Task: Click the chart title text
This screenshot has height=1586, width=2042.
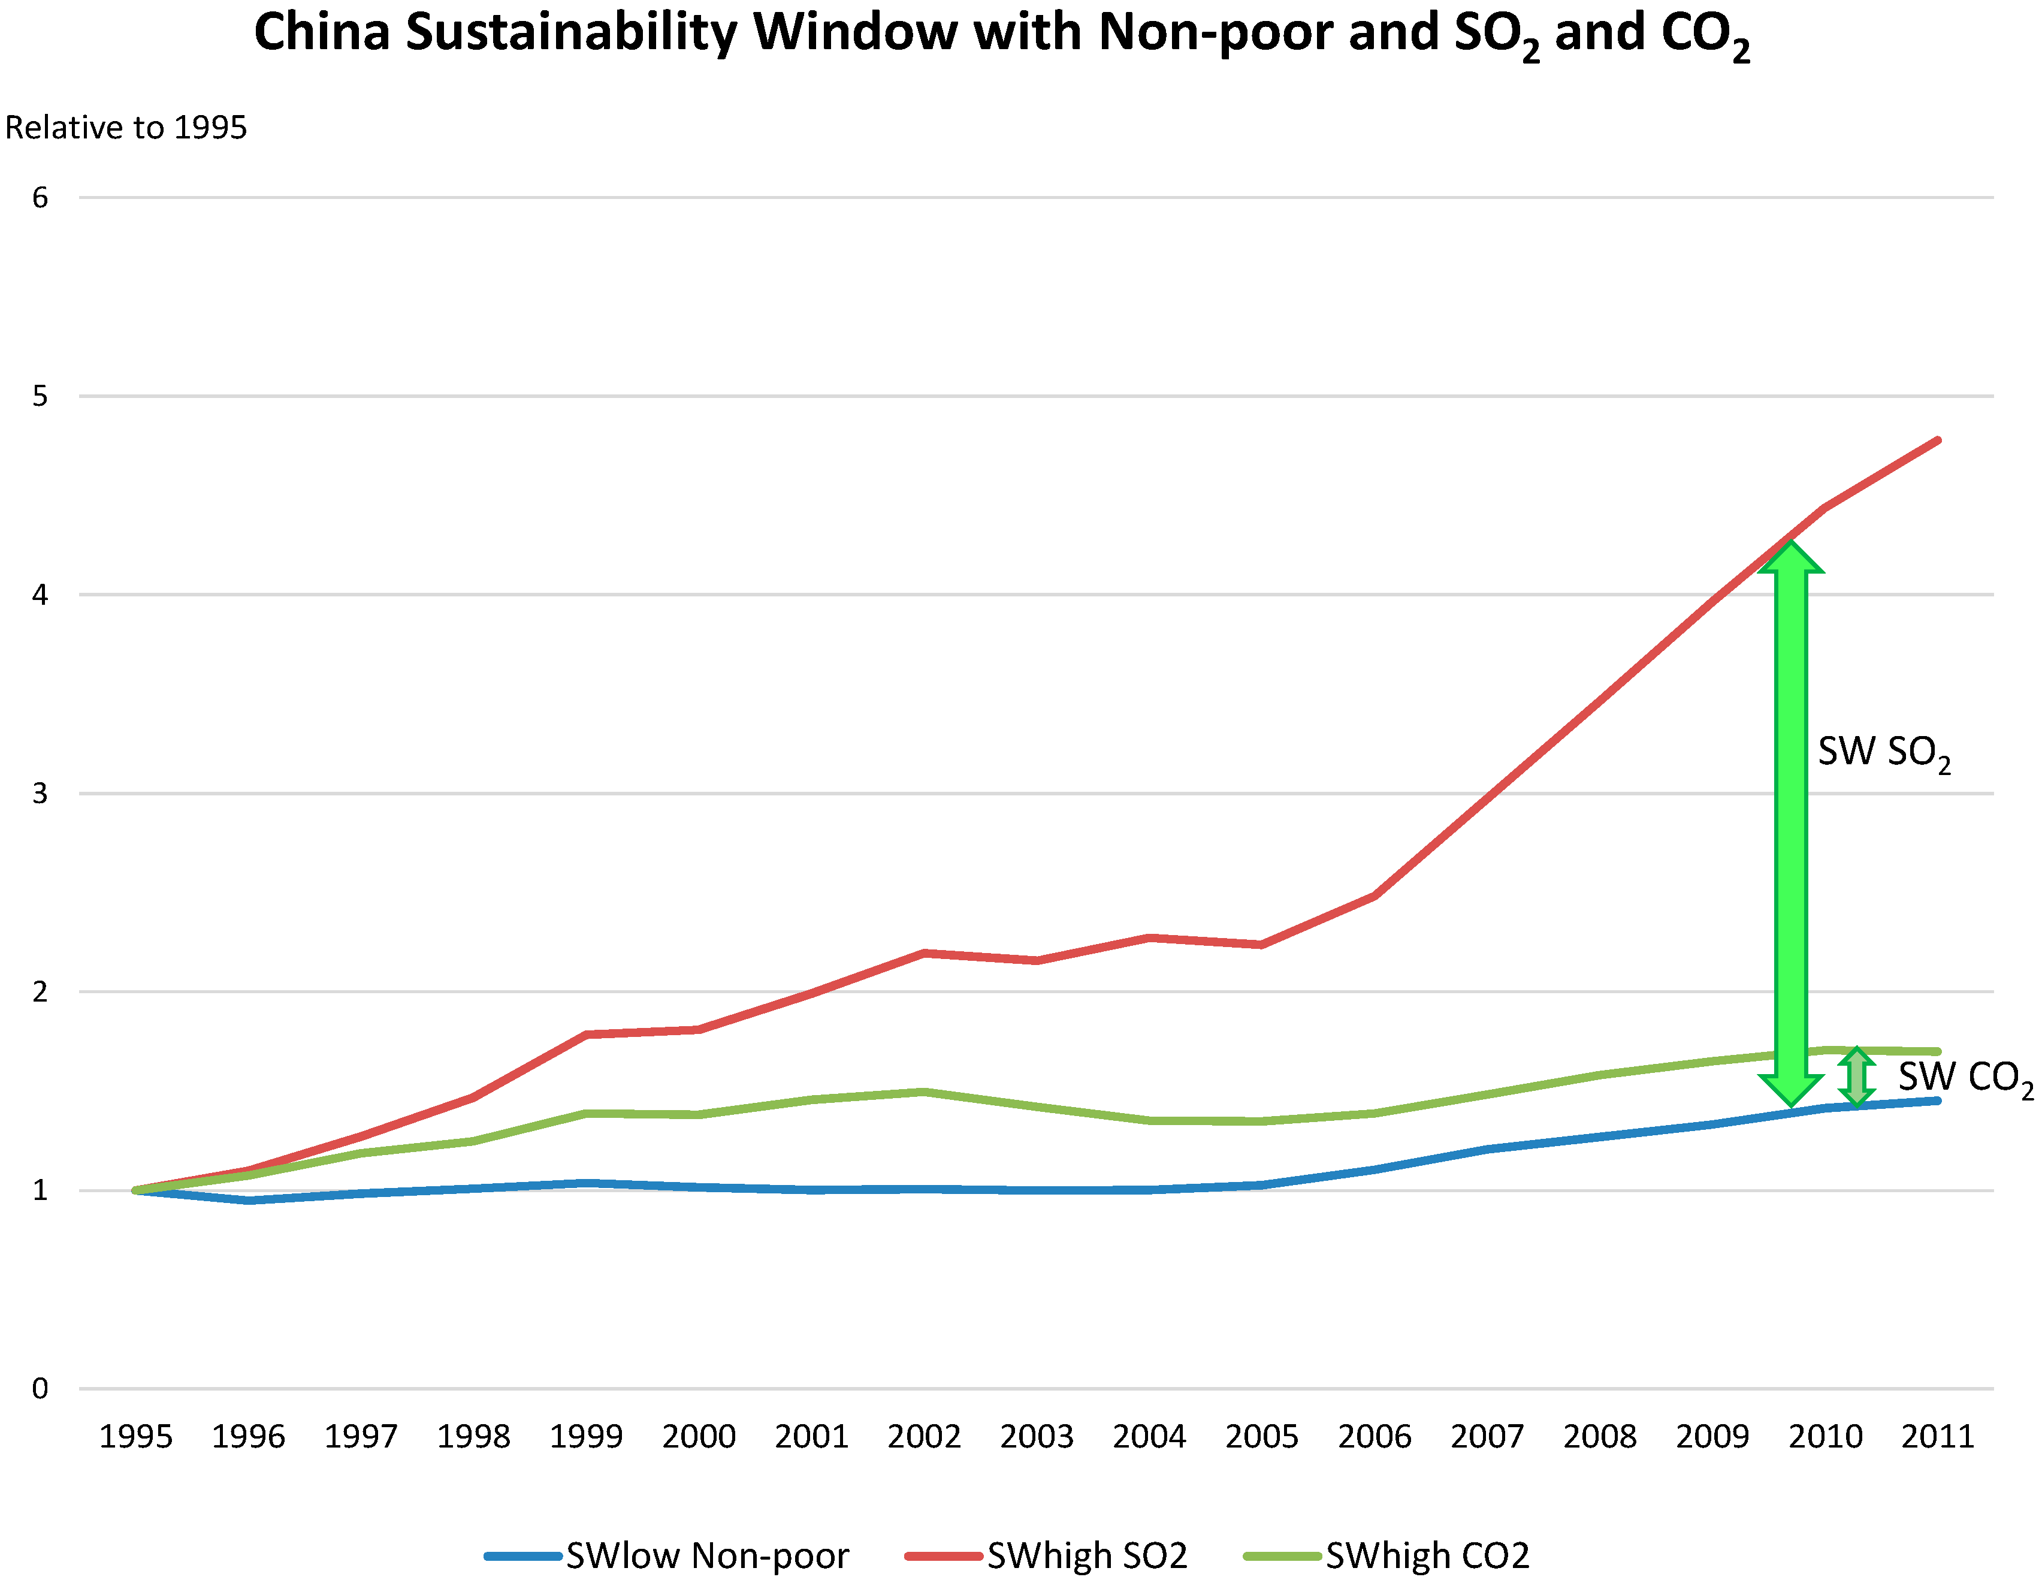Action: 1001,34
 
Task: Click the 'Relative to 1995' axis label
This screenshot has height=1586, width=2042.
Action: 126,127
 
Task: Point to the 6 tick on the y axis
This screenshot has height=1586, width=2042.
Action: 40,197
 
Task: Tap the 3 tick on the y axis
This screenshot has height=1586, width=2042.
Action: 40,794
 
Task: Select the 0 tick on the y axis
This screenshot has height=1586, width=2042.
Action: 40,1389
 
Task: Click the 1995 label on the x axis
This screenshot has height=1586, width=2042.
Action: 135,1436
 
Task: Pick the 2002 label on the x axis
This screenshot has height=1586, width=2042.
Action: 924,1436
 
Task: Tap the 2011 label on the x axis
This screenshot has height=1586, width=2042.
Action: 1937,1436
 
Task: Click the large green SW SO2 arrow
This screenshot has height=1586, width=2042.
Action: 1790,823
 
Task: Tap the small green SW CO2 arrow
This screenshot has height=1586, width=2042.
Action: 1856,1077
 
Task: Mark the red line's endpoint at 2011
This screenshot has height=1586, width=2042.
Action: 1937,441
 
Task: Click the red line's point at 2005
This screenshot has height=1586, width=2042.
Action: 1261,945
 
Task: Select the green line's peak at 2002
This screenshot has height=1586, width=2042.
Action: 924,1091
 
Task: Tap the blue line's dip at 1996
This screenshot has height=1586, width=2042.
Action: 249,1200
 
